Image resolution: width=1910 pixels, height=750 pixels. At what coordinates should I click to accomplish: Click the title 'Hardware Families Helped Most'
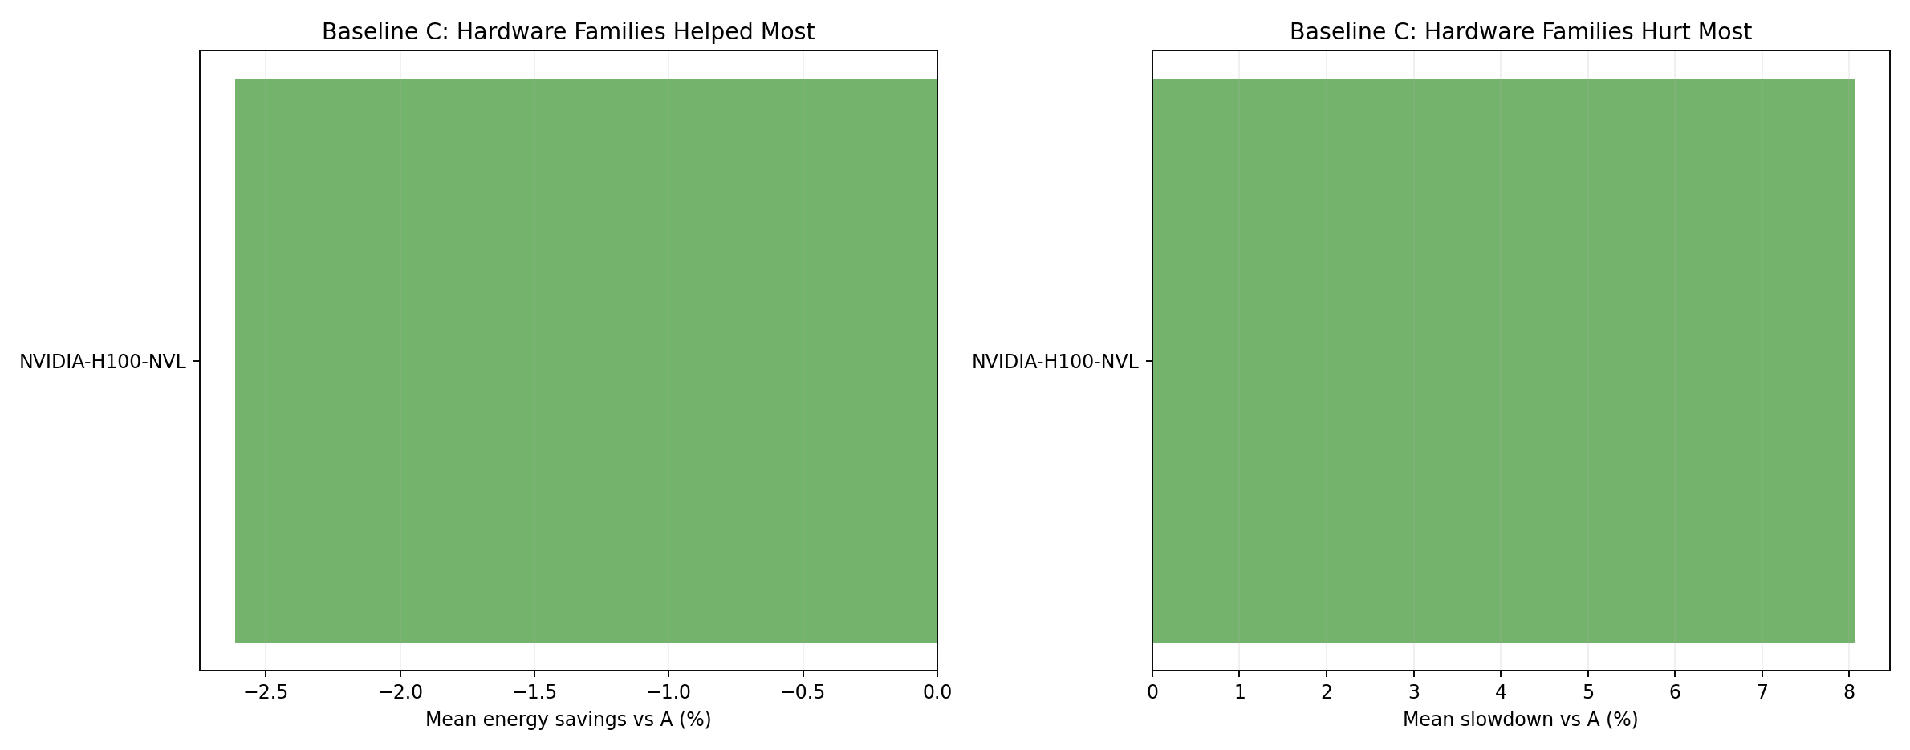coord(568,32)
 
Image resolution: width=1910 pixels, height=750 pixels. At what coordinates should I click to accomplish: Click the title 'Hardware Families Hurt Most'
coord(1520,32)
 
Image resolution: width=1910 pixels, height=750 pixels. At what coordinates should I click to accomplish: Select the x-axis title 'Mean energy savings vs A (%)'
coord(568,720)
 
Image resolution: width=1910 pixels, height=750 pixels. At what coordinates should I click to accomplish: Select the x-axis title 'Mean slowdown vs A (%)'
coord(1520,720)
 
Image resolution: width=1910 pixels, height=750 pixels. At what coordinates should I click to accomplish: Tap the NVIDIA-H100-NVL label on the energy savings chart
coord(103,362)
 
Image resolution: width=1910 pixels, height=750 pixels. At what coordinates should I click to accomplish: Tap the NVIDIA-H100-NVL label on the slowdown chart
coord(1055,362)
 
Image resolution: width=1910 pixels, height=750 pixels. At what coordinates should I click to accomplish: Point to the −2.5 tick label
coord(266,692)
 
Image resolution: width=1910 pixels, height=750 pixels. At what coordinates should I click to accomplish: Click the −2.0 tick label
coord(400,692)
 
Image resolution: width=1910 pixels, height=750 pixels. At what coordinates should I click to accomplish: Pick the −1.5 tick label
coord(534,692)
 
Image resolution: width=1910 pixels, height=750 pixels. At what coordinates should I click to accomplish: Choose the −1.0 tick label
coord(668,692)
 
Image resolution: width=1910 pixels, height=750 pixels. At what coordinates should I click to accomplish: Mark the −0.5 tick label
coord(803,692)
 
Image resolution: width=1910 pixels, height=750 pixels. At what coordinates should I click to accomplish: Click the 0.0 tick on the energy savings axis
coord(937,692)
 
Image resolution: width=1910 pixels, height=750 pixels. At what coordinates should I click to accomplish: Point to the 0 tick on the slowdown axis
coord(1152,692)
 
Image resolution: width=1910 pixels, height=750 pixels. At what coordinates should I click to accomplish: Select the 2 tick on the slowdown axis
coord(1327,692)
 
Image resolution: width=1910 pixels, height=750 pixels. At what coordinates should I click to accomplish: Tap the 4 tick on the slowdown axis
coord(1501,692)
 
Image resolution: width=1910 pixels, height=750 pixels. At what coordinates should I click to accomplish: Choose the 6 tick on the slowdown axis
coord(1675,692)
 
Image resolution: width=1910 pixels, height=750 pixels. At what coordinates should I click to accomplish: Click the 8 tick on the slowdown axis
coord(1849,692)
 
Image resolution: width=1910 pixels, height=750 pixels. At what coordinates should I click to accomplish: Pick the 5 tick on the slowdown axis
coord(1587,692)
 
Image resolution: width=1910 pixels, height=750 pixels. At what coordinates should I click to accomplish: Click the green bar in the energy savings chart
coord(586,361)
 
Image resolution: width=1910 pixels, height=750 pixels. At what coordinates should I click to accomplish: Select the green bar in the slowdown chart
coord(1503,361)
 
